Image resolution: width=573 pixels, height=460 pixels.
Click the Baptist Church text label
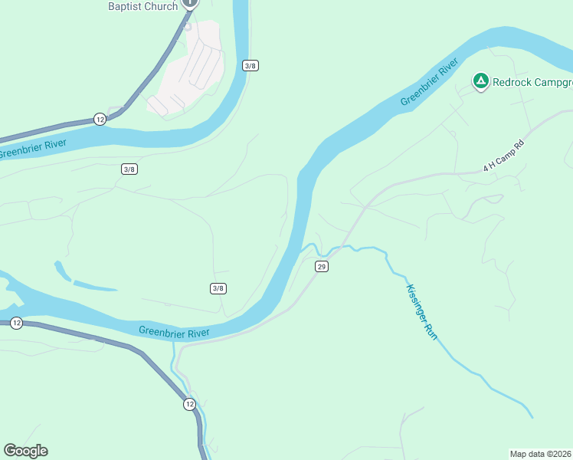[142, 6]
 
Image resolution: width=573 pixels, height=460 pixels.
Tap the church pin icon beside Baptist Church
[190, 4]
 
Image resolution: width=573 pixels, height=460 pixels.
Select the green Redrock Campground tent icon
[480, 81]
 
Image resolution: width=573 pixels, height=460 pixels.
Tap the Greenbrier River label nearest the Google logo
[174, 331]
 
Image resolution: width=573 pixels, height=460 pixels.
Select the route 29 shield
[321, 266]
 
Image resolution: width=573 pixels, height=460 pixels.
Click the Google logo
[25, 451]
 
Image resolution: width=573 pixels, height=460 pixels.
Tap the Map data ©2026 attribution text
[540, 453]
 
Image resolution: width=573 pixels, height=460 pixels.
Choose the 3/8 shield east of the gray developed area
[250, 65]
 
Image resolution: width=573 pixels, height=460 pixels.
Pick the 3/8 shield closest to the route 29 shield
[218, 287]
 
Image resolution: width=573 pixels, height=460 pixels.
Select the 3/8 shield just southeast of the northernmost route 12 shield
[129, 169]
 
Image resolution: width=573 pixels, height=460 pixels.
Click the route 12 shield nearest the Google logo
[189, 403]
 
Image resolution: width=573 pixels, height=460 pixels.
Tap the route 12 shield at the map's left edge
[17, 324]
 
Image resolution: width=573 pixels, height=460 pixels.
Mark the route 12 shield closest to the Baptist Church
[100, 119]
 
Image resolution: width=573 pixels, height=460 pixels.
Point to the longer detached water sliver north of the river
[95, 287]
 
